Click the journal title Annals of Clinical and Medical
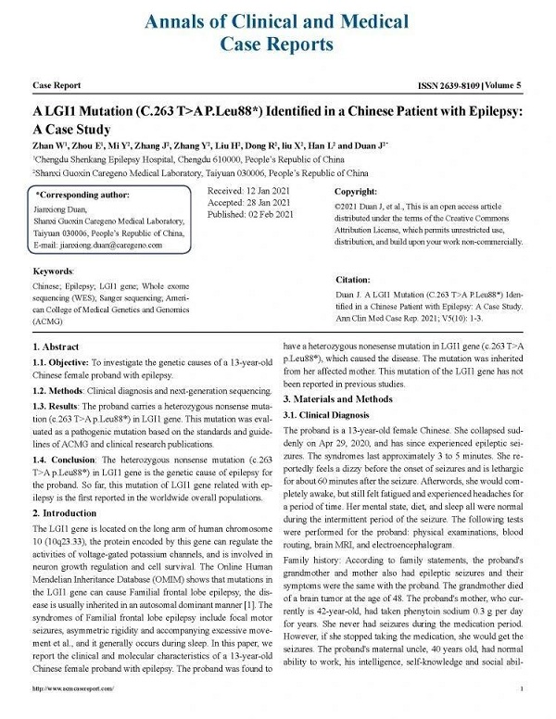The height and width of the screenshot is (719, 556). point(278,20)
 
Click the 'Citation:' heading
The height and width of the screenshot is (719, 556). point(353,279)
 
